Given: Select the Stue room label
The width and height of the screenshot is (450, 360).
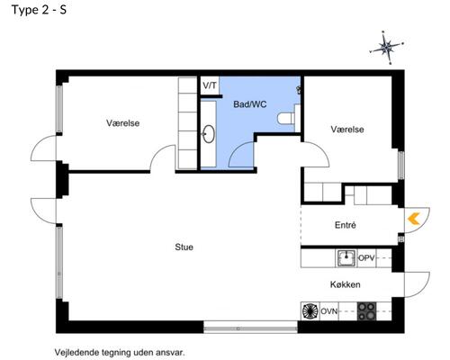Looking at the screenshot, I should coord(184,247).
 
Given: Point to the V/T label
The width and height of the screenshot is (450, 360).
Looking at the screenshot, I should coord(210,85).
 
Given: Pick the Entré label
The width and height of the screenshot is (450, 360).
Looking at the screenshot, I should coord(345,225).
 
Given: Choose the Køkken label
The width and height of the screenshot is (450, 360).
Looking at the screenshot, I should coord(345,284).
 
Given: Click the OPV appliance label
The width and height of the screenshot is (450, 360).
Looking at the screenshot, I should coord(366,258).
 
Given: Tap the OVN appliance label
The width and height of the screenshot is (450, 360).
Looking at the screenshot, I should coord(329,312).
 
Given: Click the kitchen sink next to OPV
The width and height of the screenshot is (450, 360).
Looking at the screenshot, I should coord(346,258).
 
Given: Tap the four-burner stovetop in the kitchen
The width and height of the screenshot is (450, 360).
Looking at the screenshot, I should coord(366,312).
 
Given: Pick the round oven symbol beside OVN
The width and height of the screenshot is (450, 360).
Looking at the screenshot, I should coord(310,312).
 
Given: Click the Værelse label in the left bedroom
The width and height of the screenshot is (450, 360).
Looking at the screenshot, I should coord(123,123).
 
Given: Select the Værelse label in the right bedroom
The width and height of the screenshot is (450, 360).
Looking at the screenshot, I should coord(346,130).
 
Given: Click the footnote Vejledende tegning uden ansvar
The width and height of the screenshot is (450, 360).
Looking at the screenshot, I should coord(120,352).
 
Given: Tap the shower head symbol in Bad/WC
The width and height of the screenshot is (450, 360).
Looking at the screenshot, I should coord(299,89).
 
